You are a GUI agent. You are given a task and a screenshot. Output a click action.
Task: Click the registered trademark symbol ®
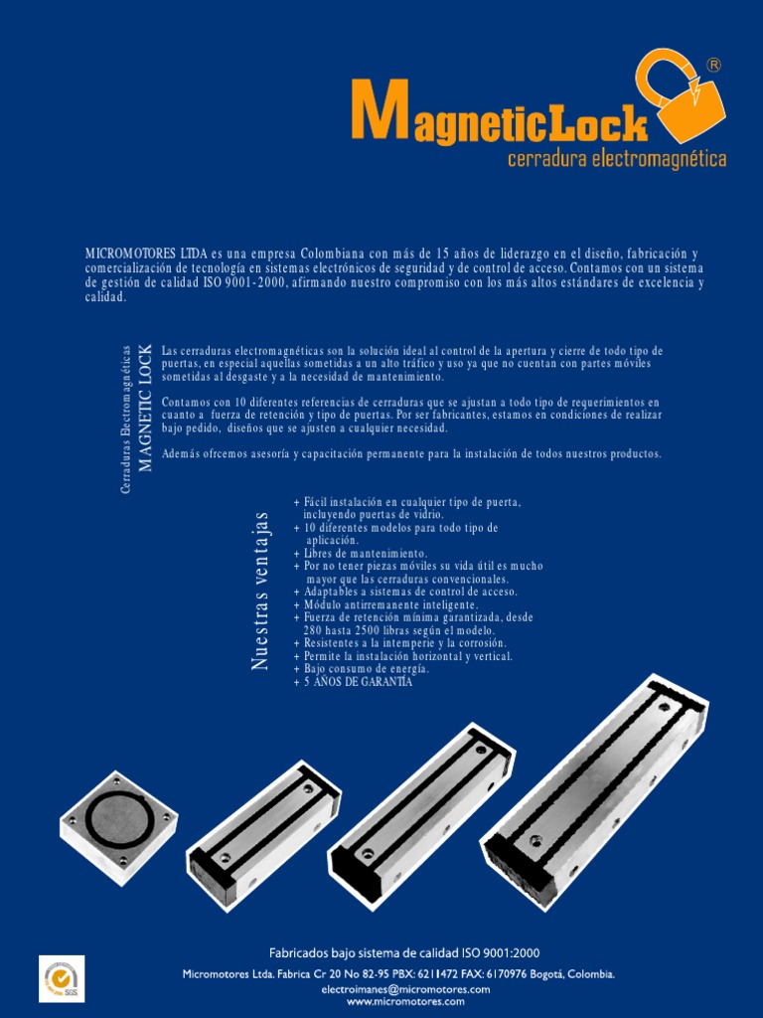click(x=713, y=65)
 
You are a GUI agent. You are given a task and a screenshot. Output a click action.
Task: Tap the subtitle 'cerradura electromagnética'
click(x=616, y=159)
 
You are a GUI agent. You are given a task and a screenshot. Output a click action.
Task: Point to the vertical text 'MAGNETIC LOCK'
click(x=145, y=408)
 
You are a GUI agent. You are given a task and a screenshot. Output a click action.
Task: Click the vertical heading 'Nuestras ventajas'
click(x=261, y=591)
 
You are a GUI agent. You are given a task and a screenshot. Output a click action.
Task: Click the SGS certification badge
click(x=62, y=978)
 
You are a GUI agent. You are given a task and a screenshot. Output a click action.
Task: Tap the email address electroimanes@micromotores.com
click(x=405, y=989)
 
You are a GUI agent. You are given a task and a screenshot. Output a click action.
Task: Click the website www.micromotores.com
click(x=405, y=1001)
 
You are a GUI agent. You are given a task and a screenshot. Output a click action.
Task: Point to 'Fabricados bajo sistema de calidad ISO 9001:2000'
click(x=405, y=952)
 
